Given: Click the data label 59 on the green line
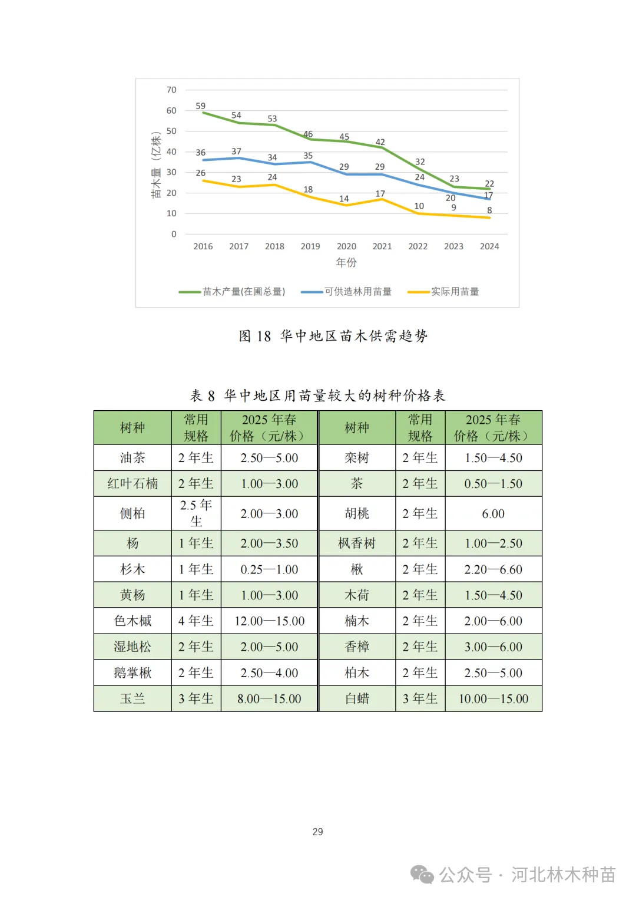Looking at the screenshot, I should click(201, 106).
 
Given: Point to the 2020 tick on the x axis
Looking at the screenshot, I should click(346, 246).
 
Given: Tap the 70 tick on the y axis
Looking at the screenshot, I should click(171, 90).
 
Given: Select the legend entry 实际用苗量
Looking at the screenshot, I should click(455, 292).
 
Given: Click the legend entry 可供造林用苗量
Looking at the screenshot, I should click(357, 292).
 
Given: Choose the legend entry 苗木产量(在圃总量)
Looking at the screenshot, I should click(243, 292).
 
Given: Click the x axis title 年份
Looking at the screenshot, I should click(346, 263).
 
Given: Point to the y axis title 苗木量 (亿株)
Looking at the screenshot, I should click(156, 165).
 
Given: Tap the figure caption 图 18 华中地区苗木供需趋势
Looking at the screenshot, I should click(333, 336).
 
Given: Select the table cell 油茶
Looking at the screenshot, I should click(132, 458).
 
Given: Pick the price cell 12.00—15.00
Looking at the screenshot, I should click(269, 621).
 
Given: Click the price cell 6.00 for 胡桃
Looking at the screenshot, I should click(493, 514).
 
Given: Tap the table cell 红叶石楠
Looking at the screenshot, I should click(132, 484).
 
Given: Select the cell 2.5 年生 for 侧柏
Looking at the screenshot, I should click(196, 513).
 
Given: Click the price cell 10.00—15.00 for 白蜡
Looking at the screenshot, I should click(493, 699).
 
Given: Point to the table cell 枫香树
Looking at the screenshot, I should click(357, 543).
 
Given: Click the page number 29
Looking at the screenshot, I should click(317, 832).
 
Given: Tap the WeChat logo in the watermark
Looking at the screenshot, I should click(422, 875).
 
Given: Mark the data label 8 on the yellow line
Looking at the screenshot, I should click(489, 210).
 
